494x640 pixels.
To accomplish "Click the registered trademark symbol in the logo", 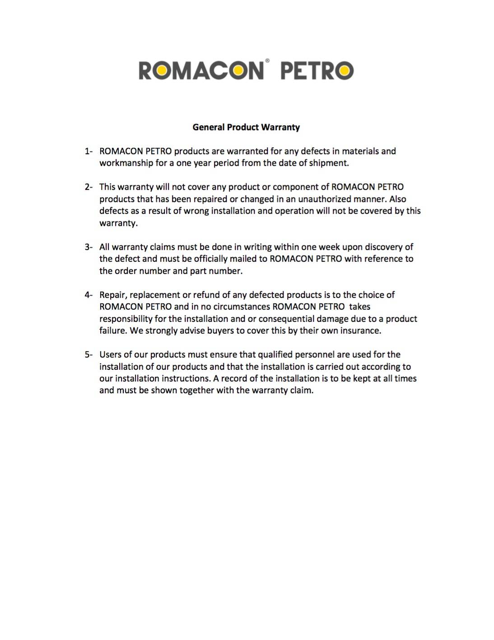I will (x=267, y=60).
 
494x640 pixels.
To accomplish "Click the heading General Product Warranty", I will (x=246, y=127).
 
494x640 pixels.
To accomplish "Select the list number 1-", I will (x=89, y=151).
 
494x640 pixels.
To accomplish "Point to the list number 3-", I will (x=89, y=247).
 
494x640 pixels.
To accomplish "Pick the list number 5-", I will (x=89, y=354).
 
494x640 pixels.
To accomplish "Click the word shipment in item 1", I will (x=329, y=163).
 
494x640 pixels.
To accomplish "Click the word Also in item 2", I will (x=397, y=199).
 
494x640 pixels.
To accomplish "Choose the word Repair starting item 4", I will (x=113, y=295).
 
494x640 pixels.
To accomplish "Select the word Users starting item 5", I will (x=110, y=354).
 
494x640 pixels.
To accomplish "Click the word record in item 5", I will (x=234, y=378).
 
